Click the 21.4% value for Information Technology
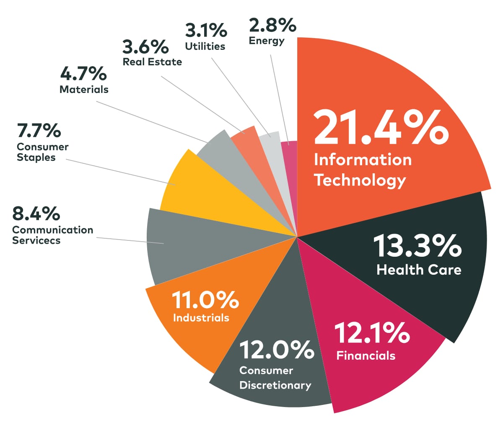(x=381, y=127)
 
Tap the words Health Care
(x=419, y=270)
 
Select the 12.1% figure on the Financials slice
(x=372, y=333)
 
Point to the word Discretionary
(x=275, y=385)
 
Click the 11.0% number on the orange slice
(x=205, y=300)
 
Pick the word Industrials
(x=201, y=318)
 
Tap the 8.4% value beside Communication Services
(x=36, y=214)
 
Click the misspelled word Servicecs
(x=36, y=240)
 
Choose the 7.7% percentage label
(x=39, y=131)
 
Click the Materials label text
(x=84, y=89)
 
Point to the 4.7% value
(x=83, y=74)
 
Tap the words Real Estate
(x=152, y=62)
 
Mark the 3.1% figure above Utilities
(x=206, y=31)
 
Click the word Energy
(x=267, y=41)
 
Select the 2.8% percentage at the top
(x=272, y=26)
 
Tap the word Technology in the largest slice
(x=360, y=180)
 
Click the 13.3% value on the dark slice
(x=417, y=246)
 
